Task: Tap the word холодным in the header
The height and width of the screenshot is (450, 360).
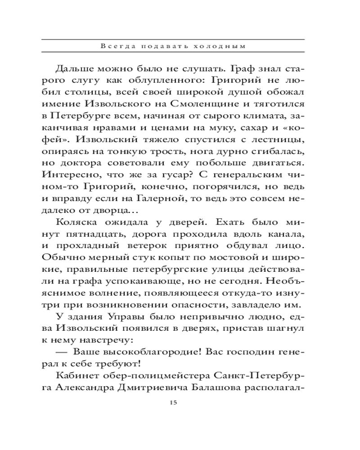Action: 231,46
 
